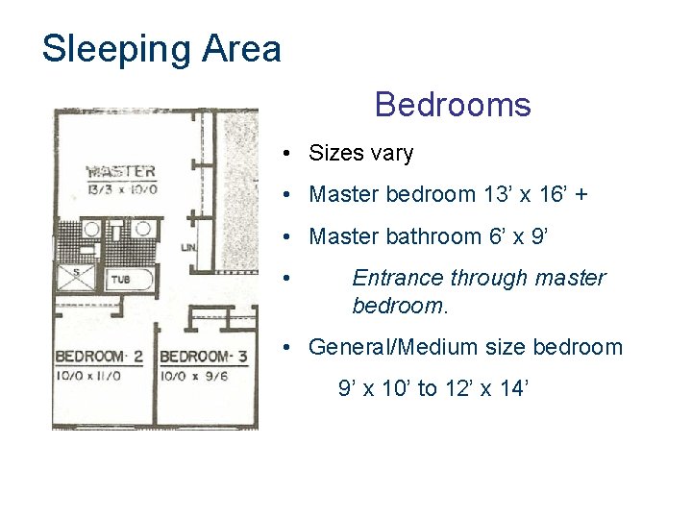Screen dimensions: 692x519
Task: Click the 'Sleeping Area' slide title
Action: (x=161, y=49)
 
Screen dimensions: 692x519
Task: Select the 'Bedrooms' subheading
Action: (x=453, y=105)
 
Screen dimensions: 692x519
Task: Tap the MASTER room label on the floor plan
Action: (x=121, y=171)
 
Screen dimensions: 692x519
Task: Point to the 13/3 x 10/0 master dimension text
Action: (x=122, y=189)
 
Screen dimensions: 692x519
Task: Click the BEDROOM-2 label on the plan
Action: (x=99, y=357)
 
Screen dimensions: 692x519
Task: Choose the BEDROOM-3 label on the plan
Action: (x=204, y=357)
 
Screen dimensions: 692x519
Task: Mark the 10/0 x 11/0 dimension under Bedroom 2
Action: (x=88, y=376)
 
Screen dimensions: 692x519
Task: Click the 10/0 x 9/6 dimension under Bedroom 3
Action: (x=194, y=376)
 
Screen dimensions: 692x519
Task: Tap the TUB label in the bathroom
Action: (x=120, y=280)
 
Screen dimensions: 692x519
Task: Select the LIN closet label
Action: (x=188, y=248)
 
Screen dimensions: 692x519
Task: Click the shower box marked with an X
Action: (x=76, y=277)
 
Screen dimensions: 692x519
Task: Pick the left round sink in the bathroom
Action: (x=91, y=229)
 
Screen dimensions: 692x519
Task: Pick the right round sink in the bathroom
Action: (x=142, y=229)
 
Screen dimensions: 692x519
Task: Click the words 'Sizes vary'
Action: (x=361, y=153)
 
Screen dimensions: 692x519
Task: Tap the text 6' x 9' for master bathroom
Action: (x=518, y=236)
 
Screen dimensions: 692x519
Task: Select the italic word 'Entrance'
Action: (x=398, y=278)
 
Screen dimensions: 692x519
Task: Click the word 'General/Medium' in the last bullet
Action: (x=393, y=347)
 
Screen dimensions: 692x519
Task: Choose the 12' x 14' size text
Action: (x=486, y=388)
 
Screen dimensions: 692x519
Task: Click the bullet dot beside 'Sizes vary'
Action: (x=286, y=153)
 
